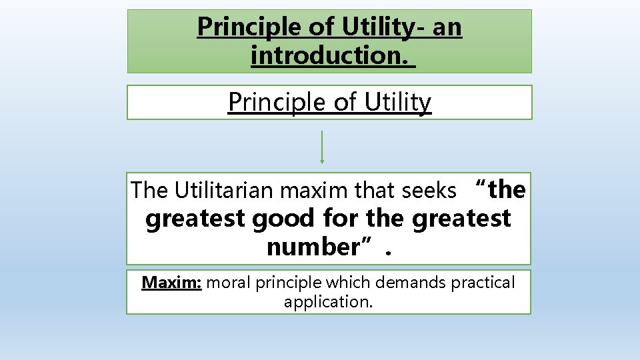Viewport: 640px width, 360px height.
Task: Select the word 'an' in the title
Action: coord(447,27)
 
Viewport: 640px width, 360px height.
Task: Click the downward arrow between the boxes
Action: coord(322,145)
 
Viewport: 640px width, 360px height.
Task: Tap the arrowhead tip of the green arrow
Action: coord(322,161)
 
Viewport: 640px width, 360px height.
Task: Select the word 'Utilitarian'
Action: coord(224,191)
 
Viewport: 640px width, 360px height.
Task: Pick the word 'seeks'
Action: coord(429,191)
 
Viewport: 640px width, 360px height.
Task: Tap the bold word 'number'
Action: coord(312,247)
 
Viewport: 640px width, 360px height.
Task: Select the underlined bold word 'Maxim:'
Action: coord(171,283)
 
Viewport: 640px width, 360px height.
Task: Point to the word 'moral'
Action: coord(229,283)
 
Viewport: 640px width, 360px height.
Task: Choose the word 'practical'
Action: coord(483,283)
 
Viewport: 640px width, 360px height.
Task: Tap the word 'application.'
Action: coord(328,301)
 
